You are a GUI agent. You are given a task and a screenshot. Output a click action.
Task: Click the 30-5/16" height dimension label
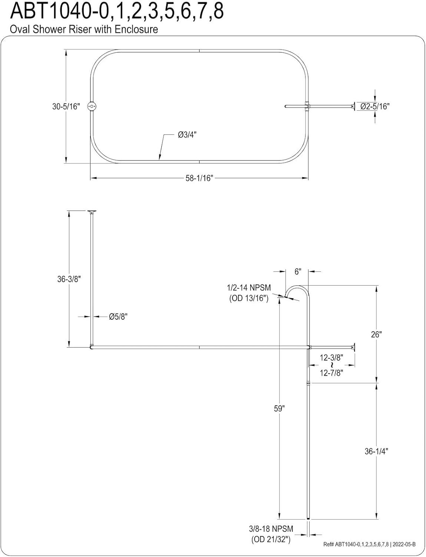66,107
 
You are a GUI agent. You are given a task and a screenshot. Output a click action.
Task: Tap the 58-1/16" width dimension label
199,178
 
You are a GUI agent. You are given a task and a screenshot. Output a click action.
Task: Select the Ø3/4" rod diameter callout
187,135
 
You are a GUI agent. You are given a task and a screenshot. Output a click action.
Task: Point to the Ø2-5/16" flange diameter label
375,107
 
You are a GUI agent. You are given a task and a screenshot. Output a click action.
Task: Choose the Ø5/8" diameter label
118,317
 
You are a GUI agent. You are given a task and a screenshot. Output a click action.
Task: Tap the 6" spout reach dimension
297,271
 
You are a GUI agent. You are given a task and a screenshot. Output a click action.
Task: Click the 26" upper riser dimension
376,334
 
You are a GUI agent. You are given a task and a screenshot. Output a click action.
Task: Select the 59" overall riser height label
279,408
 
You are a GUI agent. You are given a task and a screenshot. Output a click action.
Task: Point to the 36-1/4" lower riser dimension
376,451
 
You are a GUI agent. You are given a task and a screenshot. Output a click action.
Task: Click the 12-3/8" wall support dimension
331,357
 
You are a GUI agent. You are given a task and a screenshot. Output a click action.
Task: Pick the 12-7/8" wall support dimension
331,373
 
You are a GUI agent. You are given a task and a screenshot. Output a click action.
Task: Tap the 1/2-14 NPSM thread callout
249,288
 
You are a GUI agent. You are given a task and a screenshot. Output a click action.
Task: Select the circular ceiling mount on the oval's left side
92,107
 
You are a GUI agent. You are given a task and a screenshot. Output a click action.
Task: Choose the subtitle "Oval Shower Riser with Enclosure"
84,29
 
